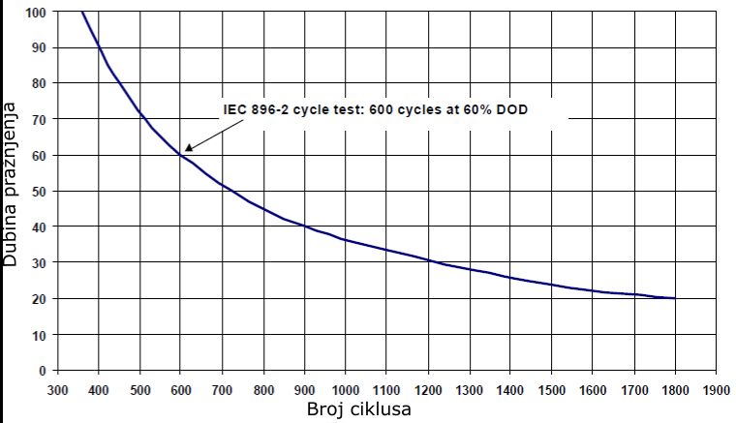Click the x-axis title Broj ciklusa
359,408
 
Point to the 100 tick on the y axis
37,13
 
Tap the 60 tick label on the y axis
40,156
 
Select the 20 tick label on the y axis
40,299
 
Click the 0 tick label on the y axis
44,371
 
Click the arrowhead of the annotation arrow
188,149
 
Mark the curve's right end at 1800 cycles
675,298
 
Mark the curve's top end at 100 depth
81,12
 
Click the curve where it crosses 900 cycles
304,227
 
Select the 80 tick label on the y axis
40,84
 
